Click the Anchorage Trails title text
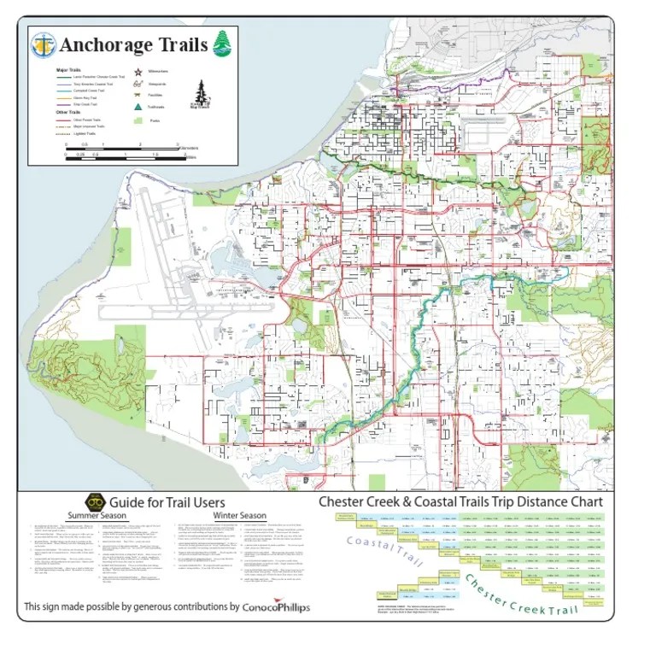(x=133, y=44)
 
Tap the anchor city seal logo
(x=44, y=44)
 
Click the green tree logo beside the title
(x=222, y=43)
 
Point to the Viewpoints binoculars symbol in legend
(x=138, y=84)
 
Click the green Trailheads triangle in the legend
(x=138, y=107)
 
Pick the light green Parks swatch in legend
(x=138, y=121)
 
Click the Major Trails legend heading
(x=68, y=69)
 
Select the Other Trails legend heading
(x=67, y=113)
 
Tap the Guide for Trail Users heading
(x=167, y=502)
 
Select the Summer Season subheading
(x=97, y=516)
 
